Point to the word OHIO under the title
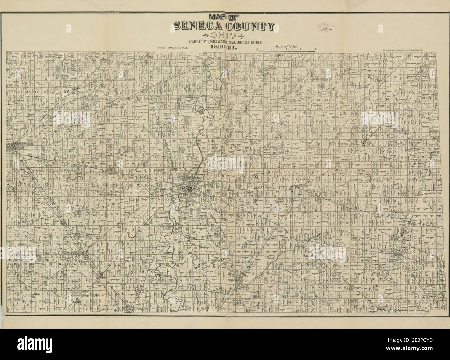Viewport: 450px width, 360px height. (x=225, y=35)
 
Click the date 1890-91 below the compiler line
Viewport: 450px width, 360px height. (x=225, y=48)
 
